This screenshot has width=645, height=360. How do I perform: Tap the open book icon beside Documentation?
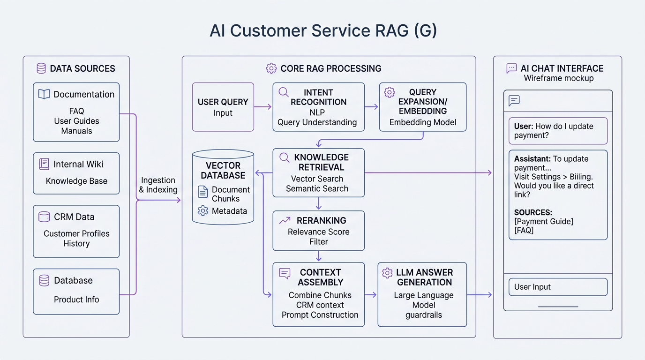click(44, 94)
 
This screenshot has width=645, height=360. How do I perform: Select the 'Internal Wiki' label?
click(78, 164)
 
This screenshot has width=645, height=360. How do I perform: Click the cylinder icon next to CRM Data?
click(44, 217)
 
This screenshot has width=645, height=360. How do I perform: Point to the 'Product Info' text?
click(76, 300)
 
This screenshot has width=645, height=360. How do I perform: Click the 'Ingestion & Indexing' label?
click(158, 185)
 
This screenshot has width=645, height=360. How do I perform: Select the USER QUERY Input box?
click(223, 107)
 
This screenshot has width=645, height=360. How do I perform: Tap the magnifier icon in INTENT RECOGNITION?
click(284, 92)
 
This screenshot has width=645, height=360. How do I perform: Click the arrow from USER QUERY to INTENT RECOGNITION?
click(263, 107)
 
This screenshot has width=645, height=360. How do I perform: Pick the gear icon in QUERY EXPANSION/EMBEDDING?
click(390, 92)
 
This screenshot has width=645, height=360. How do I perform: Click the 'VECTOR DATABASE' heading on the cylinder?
click(223, 171)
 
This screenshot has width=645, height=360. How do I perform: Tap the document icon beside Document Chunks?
click(203, 191)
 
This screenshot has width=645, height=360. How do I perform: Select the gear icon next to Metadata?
click(203, 211)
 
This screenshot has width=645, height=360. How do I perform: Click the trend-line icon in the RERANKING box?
click(284, 220)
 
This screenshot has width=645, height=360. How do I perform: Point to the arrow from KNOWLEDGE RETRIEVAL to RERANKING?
click(319, 203)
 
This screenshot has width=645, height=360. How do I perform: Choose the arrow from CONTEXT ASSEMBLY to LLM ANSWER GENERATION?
click(371, 295)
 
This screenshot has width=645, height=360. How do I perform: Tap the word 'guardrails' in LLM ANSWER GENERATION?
click(424, 315)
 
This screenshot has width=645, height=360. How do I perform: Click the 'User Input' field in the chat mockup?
click(558, 287)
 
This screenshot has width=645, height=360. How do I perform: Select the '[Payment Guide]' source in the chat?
click(543, 221)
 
